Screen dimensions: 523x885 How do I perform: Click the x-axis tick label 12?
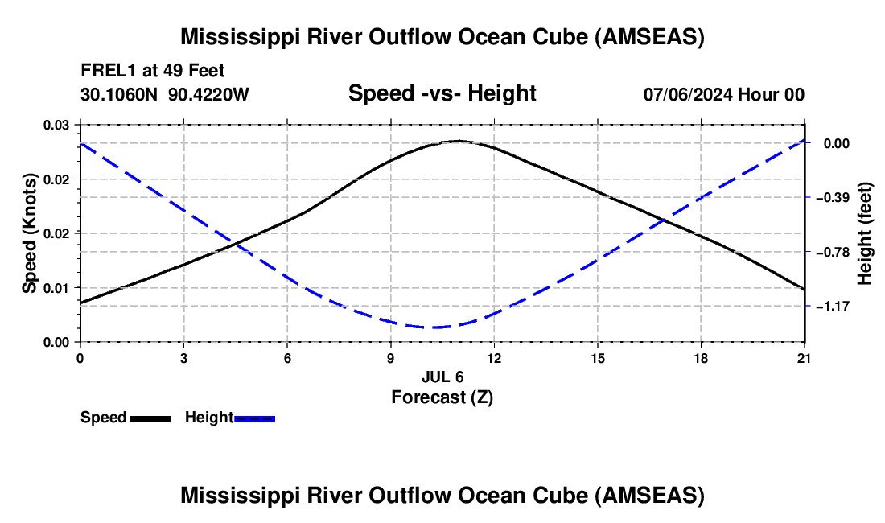[494, 358]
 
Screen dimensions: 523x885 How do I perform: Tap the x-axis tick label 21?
[805, 358]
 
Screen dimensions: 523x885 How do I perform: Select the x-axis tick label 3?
[184, 358]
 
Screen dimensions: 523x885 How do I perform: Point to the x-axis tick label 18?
[701, 358]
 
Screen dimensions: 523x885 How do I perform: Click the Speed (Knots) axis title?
[30, 233]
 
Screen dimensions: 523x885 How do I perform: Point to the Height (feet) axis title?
[865, 233]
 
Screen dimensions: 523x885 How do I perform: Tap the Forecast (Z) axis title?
[442, 397]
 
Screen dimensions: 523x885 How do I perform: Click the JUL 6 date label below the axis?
[442, 377]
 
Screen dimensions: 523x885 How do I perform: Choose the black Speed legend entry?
[126, 418]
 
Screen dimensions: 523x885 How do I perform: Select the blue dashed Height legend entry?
[230, 418]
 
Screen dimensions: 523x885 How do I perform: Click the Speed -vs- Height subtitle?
[442, 93]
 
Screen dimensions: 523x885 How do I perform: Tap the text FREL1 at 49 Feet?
[153, 71]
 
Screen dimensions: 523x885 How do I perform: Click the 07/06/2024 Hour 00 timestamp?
[724, 94]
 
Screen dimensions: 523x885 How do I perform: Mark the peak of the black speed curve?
[459, 141]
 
